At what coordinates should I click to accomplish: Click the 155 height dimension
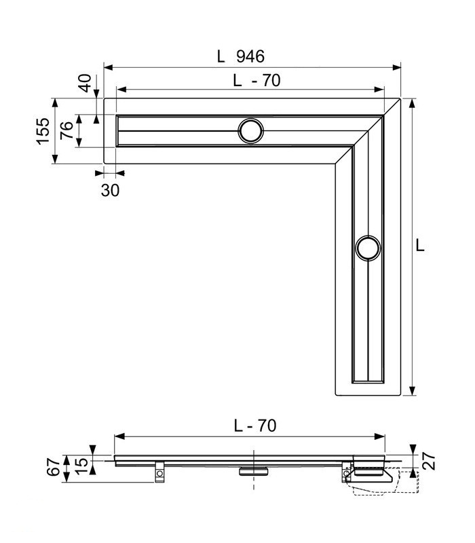pos(42,131)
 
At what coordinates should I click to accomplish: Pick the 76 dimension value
pos(66,131)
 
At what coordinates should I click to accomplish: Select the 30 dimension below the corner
pos(110,190)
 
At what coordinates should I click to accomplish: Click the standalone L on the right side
pos(420,246)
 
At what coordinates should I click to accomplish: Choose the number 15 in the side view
pos(81,465)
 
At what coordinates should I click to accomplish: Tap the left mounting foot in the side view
pos(159,470)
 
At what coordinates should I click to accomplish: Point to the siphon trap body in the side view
pos(370,475)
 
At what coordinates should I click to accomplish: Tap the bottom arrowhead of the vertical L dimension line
pos(413,392)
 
